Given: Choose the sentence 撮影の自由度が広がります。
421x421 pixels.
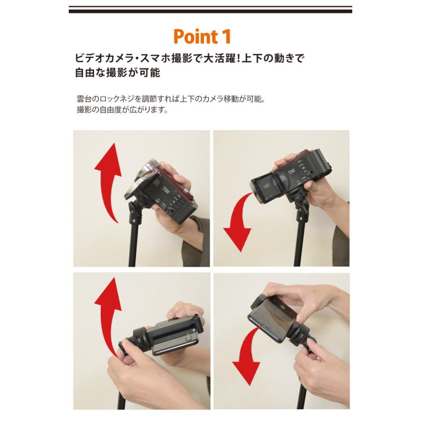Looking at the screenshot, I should pyautogui.click(x=123, y=110).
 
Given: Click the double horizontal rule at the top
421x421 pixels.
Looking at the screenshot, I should pyautogui.click(x=210, y=9).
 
